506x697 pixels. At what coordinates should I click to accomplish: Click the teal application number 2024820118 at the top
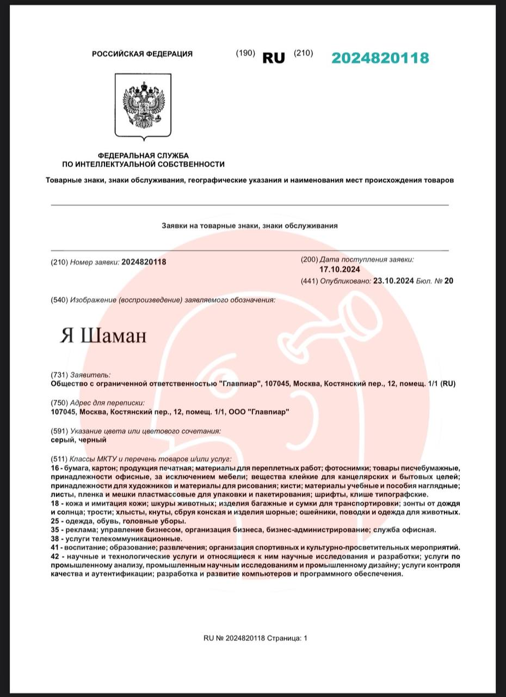(380, 58)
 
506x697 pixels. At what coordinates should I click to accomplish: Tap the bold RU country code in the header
(274, 58)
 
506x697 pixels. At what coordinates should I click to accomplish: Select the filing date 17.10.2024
(340, 270)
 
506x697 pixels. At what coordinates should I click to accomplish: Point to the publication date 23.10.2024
(393, 281)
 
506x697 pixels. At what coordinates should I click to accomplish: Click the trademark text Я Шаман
(103, 336)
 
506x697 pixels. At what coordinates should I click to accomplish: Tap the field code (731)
(59, 375)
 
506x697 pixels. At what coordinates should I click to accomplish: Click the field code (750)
(59, 403)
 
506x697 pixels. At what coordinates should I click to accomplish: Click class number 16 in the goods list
(54, 468)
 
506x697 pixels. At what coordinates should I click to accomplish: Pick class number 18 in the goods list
(54, 504)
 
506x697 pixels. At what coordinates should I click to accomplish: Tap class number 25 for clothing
(54, 521)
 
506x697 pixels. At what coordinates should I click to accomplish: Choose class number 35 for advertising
(54, 530)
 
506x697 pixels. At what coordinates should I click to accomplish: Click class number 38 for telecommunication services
(54, 539)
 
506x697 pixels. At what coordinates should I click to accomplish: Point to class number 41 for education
(54, 547)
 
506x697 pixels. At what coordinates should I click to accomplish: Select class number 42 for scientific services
(54, 557)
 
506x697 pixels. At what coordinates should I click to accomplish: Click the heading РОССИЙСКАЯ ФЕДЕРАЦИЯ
(142, 54)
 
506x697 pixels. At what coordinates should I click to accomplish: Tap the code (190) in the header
(245, 53)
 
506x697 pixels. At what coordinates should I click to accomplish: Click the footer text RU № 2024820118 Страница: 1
(255, 638)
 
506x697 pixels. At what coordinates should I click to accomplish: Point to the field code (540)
(59, 300)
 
